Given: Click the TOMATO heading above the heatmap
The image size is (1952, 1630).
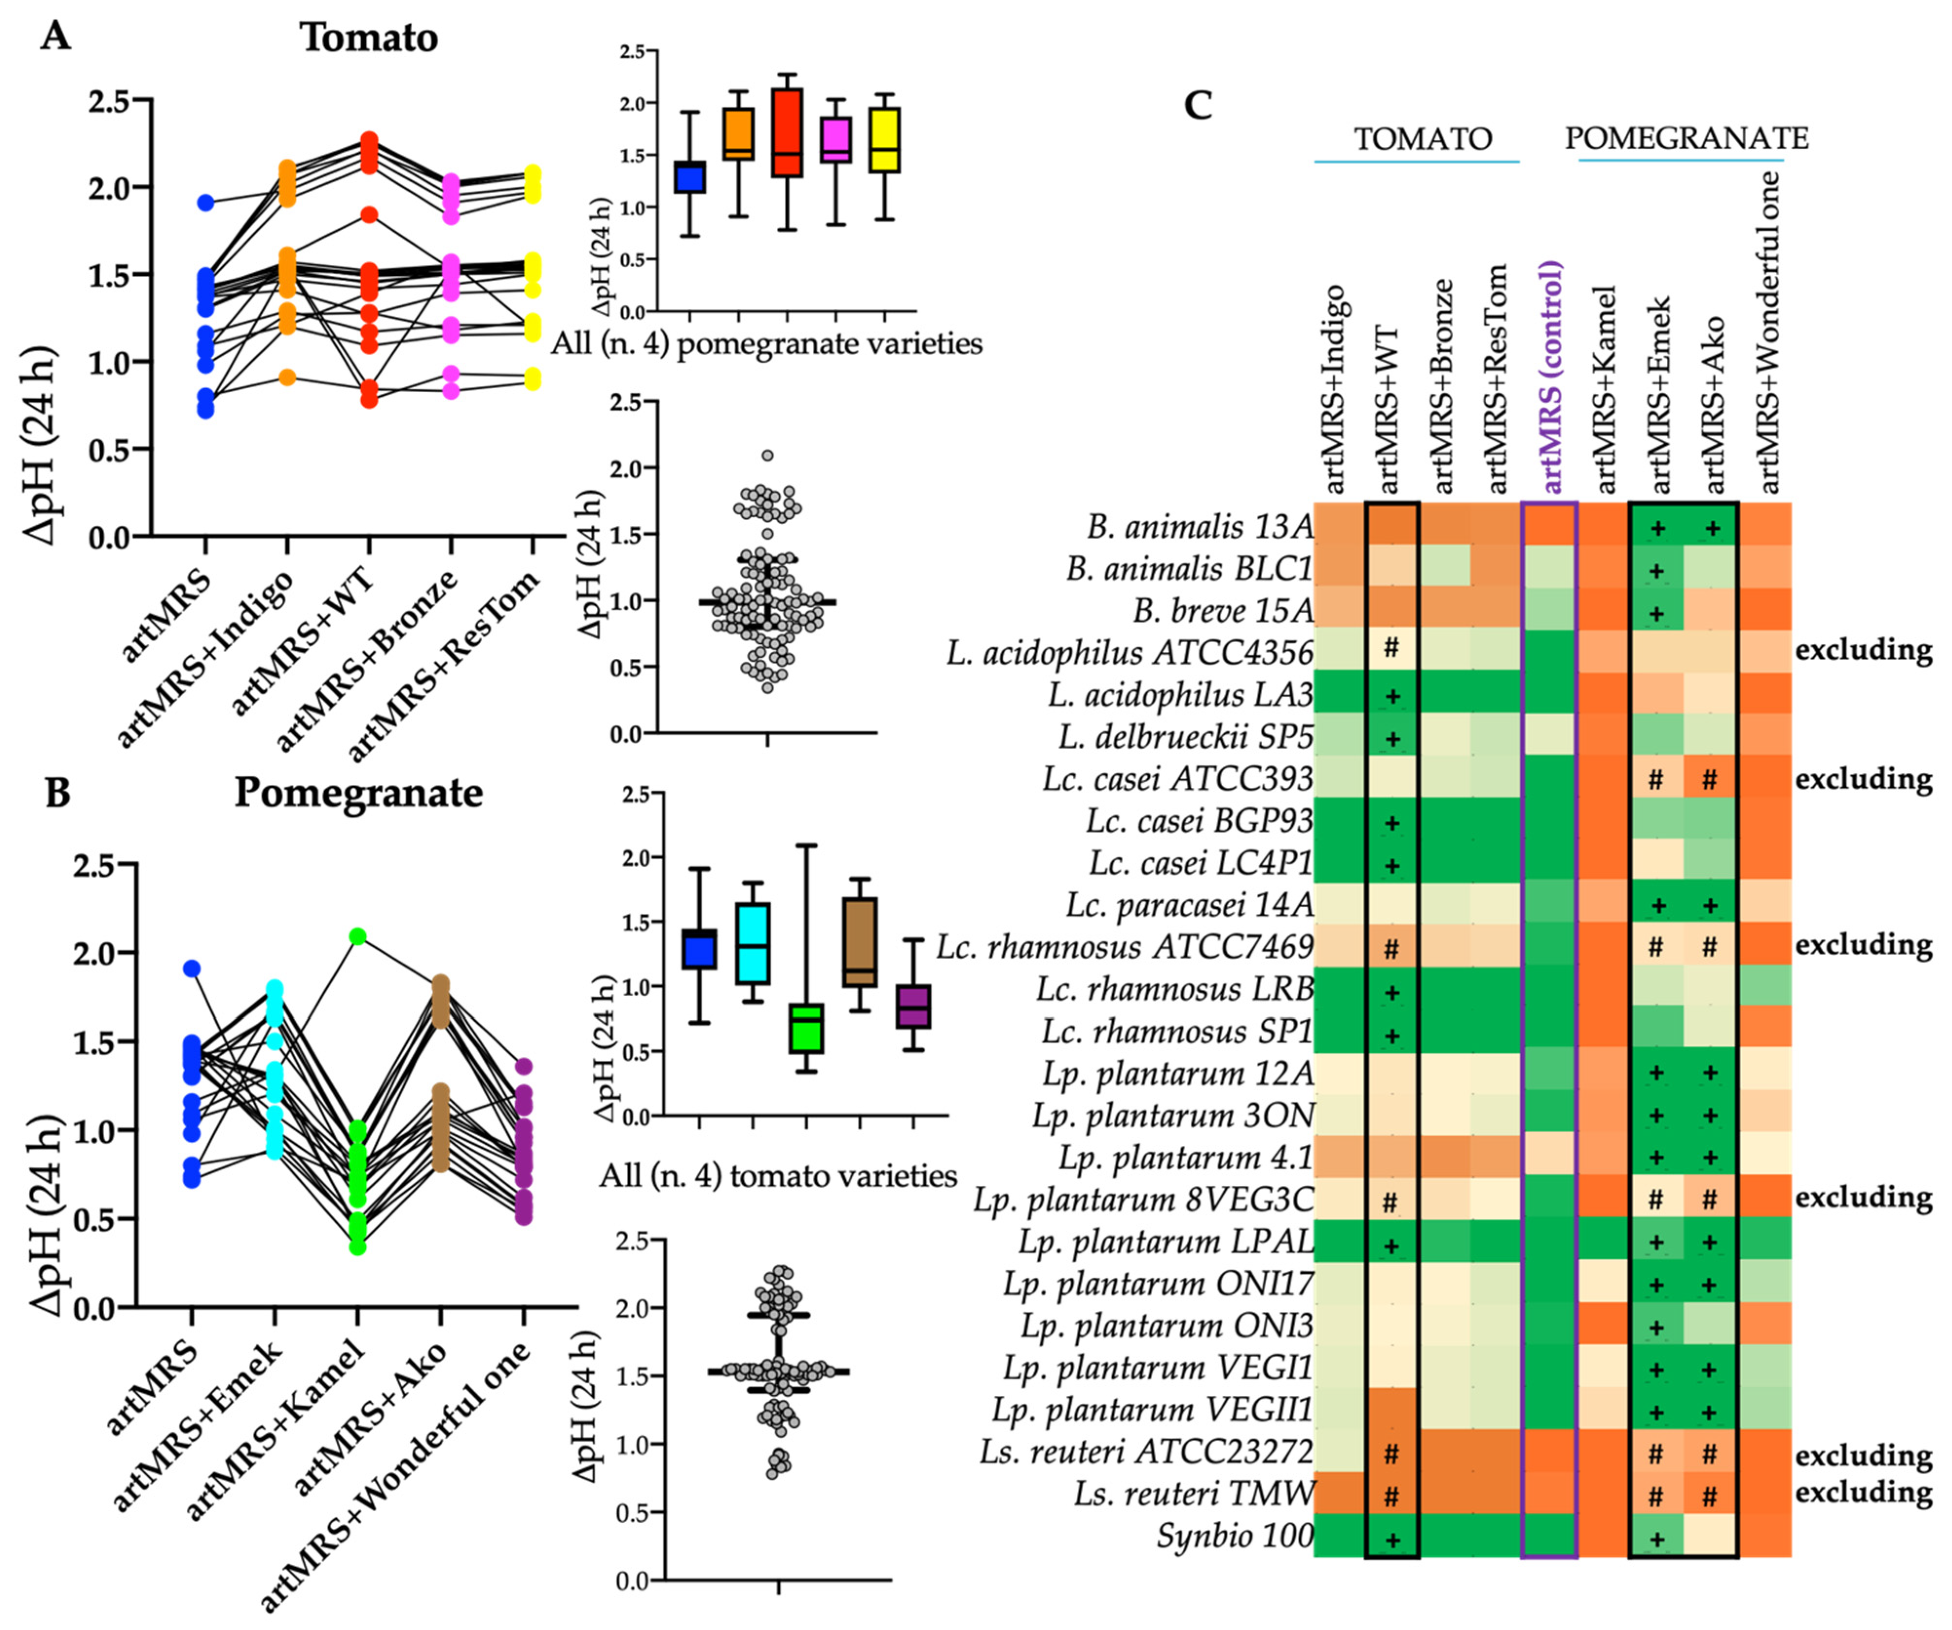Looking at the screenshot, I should [x=1422, y=139].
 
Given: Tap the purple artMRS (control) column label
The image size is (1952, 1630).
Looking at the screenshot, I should [x=1550, y=377].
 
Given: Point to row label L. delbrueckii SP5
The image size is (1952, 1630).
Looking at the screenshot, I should [x=1185, y=738].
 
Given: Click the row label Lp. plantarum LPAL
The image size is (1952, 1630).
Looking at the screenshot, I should [x=1166, y=1243].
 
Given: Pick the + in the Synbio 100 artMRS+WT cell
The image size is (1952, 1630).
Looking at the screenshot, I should [x=1392, y=1540].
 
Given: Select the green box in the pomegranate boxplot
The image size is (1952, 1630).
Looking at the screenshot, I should [x=806, y=1027].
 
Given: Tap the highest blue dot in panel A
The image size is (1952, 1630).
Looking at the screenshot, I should [x=205, y=202].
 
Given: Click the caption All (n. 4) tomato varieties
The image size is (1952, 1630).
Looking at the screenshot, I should [x=777, y=1177].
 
